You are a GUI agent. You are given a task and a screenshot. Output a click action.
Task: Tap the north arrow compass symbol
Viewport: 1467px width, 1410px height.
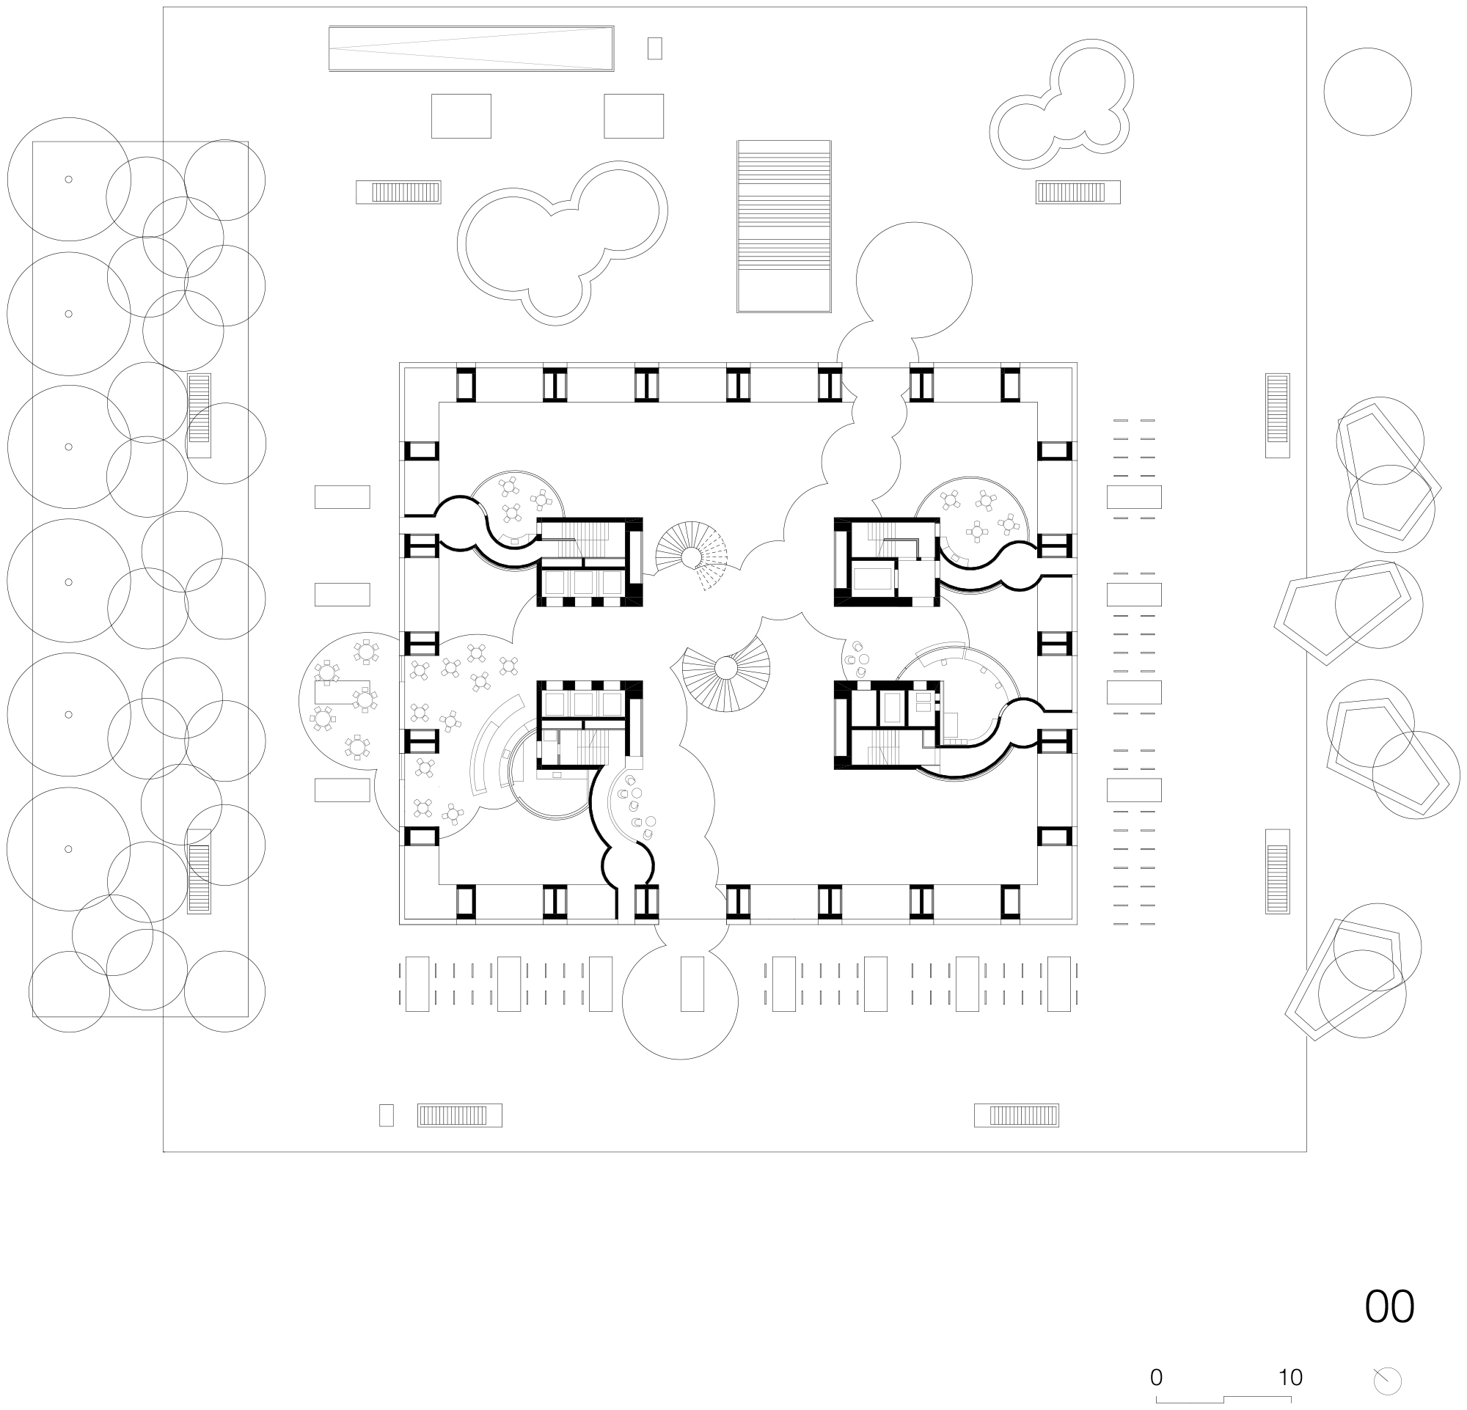(1387, 1381)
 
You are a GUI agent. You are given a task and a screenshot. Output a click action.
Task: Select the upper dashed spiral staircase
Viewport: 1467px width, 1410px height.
(691, 557)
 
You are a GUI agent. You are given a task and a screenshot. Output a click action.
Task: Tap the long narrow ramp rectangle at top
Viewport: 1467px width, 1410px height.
(471, 48)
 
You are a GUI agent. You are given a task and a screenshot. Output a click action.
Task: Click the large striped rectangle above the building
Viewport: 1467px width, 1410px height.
(783, 226)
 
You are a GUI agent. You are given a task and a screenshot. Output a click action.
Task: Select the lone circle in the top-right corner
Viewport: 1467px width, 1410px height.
(1367, 91)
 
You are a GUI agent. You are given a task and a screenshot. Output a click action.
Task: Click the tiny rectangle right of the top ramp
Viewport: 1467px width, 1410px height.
(654, 48)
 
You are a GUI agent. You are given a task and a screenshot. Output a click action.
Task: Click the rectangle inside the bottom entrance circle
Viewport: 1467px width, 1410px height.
(692, 984)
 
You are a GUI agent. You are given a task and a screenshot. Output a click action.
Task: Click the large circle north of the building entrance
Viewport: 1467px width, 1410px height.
(914, 280)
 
